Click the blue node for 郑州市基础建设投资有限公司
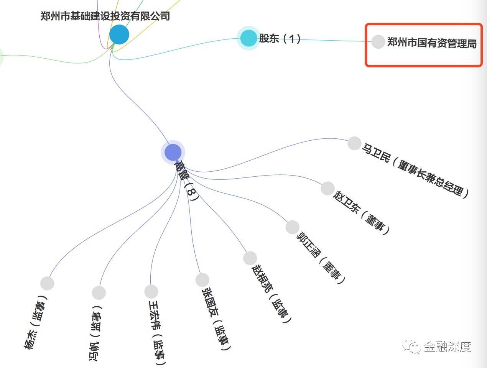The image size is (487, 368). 119,34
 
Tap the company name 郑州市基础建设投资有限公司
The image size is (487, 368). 105,16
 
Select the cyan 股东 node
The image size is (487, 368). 248,38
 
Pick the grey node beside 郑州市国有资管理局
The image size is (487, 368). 378,42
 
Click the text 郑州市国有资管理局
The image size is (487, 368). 432,43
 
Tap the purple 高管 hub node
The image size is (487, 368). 173,152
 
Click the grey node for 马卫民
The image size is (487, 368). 354,143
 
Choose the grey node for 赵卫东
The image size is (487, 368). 327,188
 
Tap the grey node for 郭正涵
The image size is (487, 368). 292,227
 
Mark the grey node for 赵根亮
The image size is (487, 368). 250,258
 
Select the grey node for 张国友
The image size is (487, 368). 202,280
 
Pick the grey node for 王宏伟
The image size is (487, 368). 151,291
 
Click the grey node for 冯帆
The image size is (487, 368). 99,293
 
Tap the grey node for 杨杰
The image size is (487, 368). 47,283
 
